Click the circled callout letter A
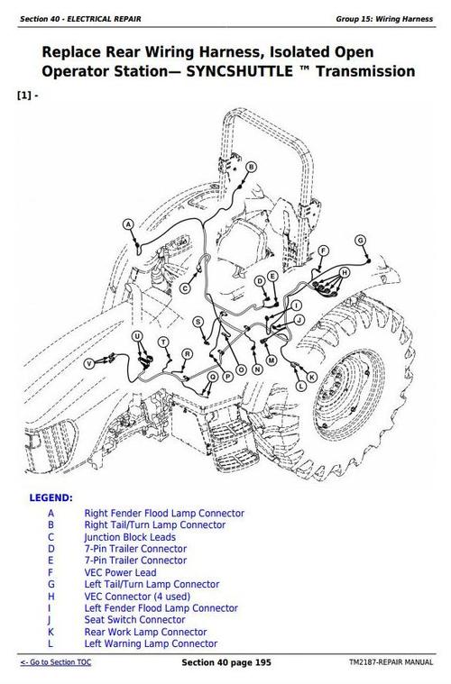tap(128, 224)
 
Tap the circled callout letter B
tap(251, 167)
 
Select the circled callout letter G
tap(360, 241)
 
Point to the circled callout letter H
tap(345, 273)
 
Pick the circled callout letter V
tap(89, 363)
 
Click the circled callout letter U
tap(137, 336)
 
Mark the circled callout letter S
tap(198, 323)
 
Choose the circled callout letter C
tap(186, 288)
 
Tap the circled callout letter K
tap(312, 377)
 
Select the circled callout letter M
tap(272, 360)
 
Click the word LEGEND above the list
tap(51, 497)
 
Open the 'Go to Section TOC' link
tap(56, 662)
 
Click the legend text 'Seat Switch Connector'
tap(135, 620)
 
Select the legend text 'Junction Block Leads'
tap(130, 537)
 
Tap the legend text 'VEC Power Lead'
tap(120, 573)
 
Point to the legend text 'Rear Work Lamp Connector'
tap(145, 632)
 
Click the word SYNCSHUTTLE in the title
tap(240, 71)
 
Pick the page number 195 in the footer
tap(262, 662)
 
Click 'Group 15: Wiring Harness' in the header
tap(384, 19)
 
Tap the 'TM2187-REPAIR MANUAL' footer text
tap(391, 662)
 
